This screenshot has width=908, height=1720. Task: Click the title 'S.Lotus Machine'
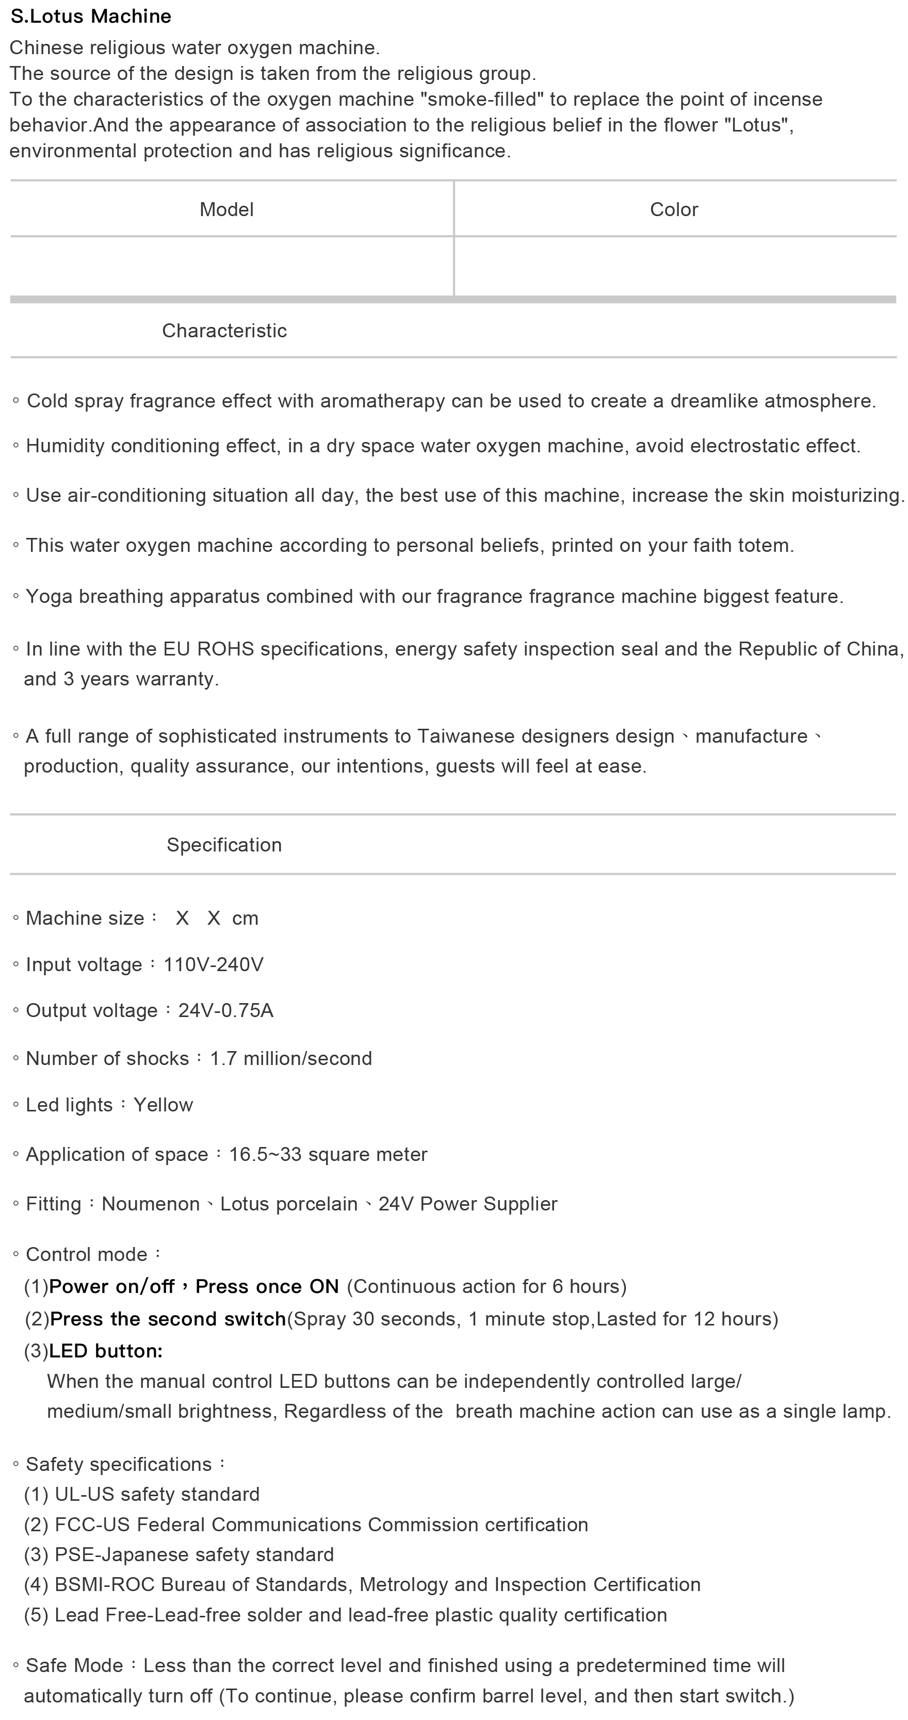click(91, 16)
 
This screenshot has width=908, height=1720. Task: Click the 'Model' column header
click(226, 210)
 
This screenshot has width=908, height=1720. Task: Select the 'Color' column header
click(673, 210)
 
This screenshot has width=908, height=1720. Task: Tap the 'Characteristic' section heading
click(224, 331)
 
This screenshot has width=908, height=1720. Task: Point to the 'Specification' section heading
click(224, 845)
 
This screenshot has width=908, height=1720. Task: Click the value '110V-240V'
click(214, 965)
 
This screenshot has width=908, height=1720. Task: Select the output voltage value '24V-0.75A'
click(226, 1011)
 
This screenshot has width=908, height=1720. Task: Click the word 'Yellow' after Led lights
click(163, 1105)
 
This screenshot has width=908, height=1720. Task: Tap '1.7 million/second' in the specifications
click(290, 1058)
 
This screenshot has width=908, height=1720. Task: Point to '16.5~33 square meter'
click(328, 1154)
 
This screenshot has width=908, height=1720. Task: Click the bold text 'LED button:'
click(106, 1351)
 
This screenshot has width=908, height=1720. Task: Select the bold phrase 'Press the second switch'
click(168, 1319)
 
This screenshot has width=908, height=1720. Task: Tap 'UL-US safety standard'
click(157, 1494)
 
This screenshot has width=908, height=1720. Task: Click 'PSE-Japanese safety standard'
click(194, 1554)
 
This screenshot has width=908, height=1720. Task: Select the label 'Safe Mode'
click(74, 1666)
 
